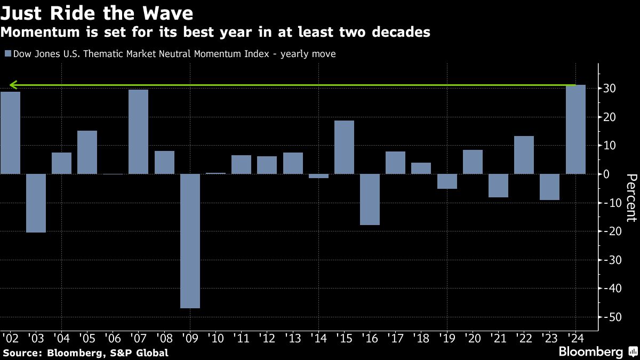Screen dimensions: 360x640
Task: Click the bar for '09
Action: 190,241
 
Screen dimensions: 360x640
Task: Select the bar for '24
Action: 575,130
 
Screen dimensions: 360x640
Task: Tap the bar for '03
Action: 36,203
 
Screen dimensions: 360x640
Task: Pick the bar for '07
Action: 138,132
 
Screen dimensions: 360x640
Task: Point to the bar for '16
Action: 370,199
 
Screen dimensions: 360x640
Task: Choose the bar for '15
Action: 344,147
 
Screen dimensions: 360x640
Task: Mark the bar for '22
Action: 524,155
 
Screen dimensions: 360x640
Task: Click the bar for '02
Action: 10,133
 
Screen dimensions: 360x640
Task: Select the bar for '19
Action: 447,181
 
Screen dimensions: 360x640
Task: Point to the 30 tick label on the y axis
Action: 611,89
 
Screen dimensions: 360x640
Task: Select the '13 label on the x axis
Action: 293,338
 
